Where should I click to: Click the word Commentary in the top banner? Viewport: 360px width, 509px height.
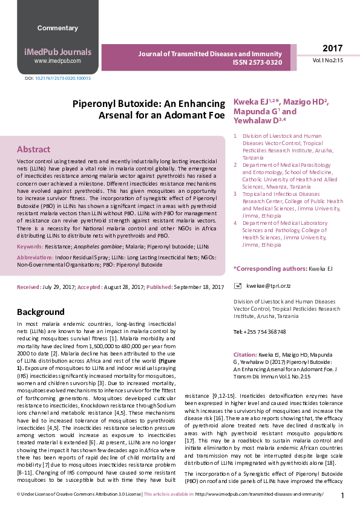point(57,28)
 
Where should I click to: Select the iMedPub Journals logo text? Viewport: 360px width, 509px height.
point(57,52)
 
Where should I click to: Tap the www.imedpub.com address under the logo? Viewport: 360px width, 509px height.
point(57,61)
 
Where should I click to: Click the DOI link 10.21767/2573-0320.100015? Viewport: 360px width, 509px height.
point(62,79)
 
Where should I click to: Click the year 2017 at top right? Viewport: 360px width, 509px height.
point(332,48)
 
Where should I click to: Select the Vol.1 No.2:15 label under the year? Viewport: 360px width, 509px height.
point(328,61)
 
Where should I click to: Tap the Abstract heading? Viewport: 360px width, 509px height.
point(34,149)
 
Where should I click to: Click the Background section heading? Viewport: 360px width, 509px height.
point(41,312)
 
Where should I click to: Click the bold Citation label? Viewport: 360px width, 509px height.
point(245,355)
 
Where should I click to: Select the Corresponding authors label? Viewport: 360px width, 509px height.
point(270,268)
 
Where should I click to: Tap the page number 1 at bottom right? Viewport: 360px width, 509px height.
point(342,496)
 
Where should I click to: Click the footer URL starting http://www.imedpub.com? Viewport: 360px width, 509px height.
point(260,494)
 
